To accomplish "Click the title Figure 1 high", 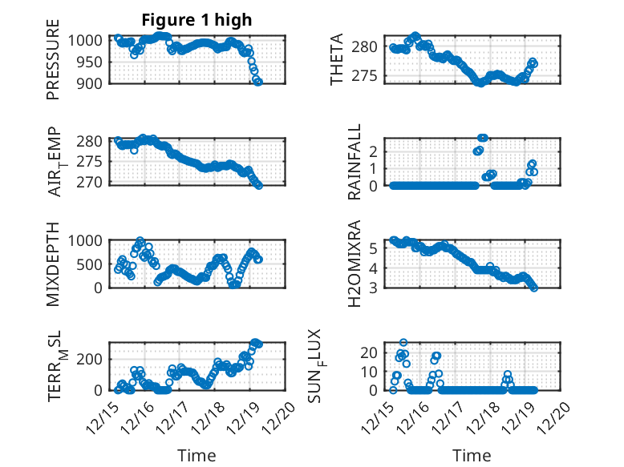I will pyautogui.click(x=197, y=19).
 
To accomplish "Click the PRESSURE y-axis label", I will pyautogui.click(x=54, y=64).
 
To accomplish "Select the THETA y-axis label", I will pyautogui.click(x=337, y=59).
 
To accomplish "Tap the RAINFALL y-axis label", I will pyautogui.click(x=354, y=163).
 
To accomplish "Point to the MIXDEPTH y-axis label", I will pyautogui.click(x=54, y=264).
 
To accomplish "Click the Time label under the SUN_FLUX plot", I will pyautogui.click(x=472, y=456).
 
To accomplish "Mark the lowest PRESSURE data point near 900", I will pyautogui.click(x=258, y=82).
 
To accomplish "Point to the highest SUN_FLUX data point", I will pyautogui.click(x=404, y=343).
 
